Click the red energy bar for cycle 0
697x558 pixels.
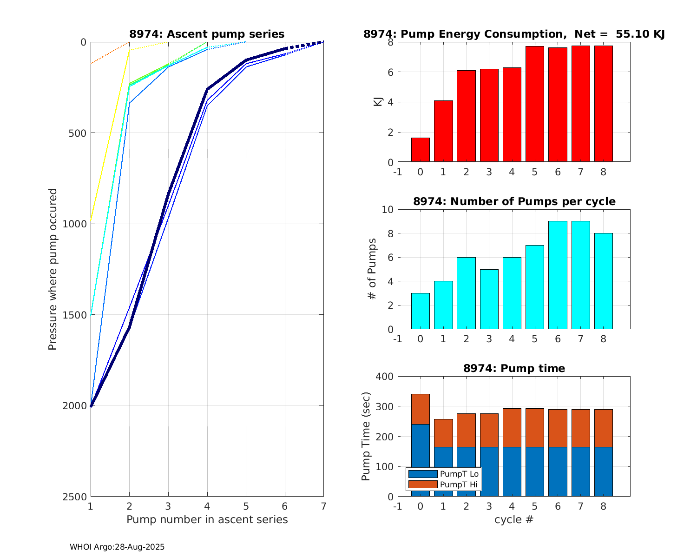point(420,150)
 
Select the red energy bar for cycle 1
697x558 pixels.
point(443,131)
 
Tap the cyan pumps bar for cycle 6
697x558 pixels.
point(558,275)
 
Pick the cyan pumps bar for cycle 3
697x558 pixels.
point(489,299)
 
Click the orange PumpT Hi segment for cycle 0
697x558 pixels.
point(420,409)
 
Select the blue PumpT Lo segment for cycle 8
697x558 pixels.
point(603,472)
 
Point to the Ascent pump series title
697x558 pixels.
point(207,34)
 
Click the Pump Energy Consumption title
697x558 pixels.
point(514,34)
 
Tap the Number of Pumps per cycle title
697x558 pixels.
point(514,201)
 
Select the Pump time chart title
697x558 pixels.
point(514,368)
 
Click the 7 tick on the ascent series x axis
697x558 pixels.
point(323,506)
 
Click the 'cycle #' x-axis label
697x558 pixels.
point(514,519)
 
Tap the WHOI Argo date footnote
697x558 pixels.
point(117,547)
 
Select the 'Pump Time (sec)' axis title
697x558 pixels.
point(366,437)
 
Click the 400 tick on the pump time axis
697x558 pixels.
point(386,377)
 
